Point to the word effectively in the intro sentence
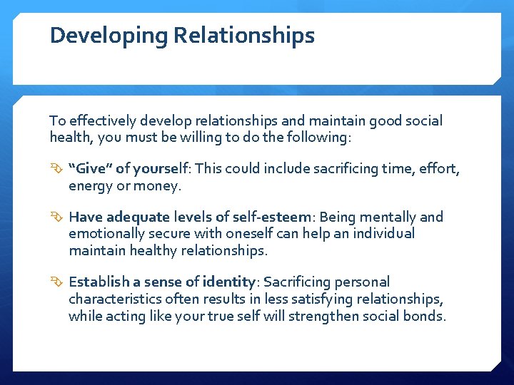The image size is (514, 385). (x=96, y=121)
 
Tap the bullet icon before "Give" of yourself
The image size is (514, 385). (x=57, y=169)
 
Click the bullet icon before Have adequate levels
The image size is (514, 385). (x=57, y=217)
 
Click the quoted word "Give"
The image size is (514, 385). (x=91, y=169)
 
